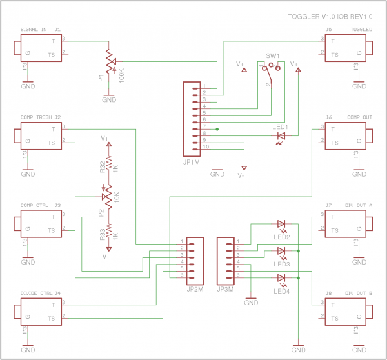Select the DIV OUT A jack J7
tap(348, 223)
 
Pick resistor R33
tap(109, 231)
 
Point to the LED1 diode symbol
tap(281, 136)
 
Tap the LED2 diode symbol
tap(281, 224)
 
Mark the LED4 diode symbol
tap(281, 278)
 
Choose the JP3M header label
tap(225, 289)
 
